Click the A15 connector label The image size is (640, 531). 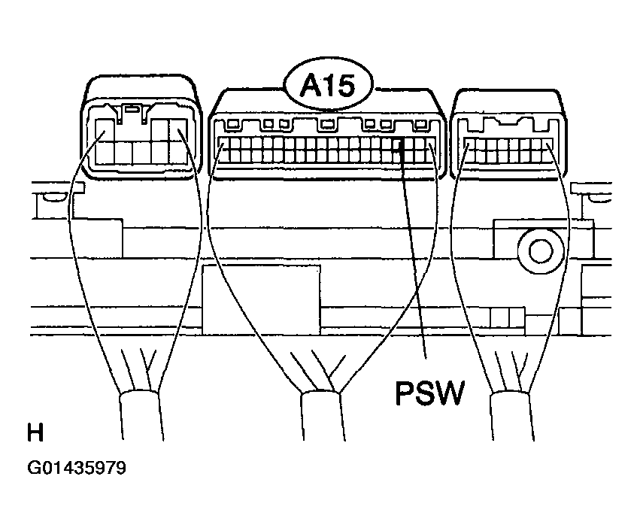(x=328, y=86)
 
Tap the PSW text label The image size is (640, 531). (x=430, y=393)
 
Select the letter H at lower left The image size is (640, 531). (x=35, y=432)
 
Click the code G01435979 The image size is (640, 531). (x=77, y=468)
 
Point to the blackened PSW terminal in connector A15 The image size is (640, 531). (x=399, y=144)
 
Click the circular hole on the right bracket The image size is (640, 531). (x=541, y=250)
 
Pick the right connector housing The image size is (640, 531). (x=508, y=135)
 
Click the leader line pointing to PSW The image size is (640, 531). (x=413, y=249)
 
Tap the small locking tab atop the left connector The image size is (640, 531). (x=131, y=109)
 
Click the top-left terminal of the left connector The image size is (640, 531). (x=104, y=130)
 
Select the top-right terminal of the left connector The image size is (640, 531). (x=178, y=130)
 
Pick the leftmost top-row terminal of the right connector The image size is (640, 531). (x=471, y=144)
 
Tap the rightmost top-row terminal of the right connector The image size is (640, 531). (x=547, y=144)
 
